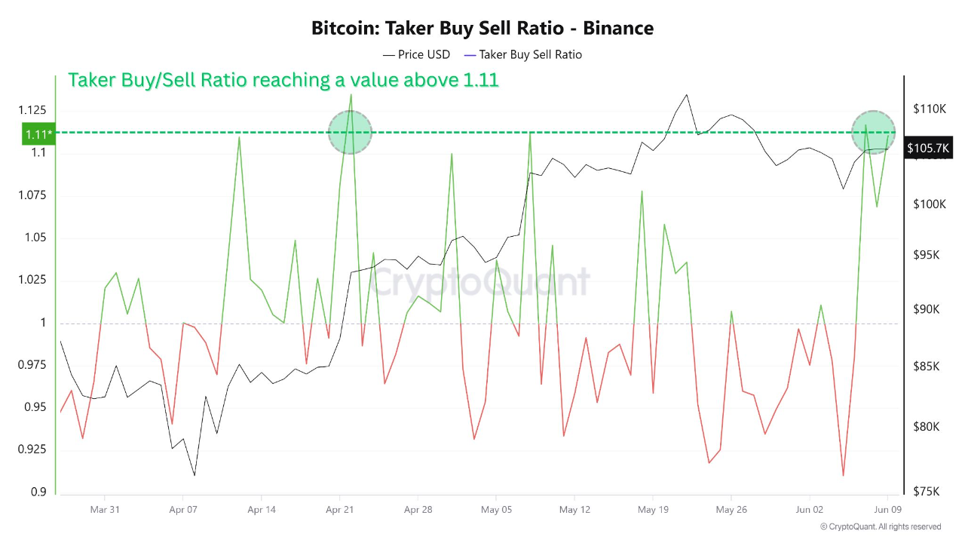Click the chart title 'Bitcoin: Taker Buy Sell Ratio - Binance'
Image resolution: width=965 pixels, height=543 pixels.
tap(482, 29)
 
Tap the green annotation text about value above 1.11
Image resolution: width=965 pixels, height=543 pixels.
tap(283, 80)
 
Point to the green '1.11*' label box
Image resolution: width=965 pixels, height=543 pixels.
tap(38, 133)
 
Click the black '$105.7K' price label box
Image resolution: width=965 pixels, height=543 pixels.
tap(930, 148)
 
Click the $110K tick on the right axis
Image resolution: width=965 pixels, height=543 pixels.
tap(929, 109)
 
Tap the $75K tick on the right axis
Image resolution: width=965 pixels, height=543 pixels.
tap(927, 491)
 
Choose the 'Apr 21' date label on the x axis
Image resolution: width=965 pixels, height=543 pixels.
tap(339, 510)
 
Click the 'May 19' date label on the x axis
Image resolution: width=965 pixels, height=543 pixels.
tap(653, 510)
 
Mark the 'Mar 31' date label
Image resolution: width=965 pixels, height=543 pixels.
tap(105, 510)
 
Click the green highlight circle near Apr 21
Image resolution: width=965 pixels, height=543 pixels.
tap(351, 132)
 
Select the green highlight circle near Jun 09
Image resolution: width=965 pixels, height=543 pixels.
tap(873, 132)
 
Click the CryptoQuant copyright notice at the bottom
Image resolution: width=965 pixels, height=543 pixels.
tap(880, 526)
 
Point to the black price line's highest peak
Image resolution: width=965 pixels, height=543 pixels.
tap(686, 95)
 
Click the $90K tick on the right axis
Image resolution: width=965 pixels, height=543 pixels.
tap(927, 310)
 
